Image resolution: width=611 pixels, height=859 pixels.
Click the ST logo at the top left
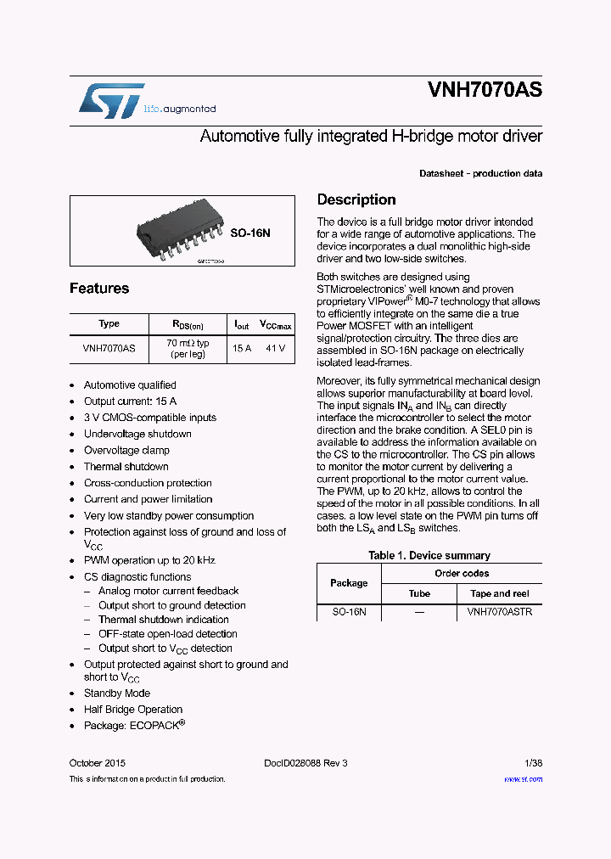tap(111, 100)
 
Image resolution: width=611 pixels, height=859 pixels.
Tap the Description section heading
tap(356, 200)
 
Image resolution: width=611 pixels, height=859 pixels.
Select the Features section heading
tap(99, 289)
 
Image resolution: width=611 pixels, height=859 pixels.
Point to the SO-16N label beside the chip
tap(249, 232)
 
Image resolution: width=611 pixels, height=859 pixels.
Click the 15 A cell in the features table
tap(242, 348)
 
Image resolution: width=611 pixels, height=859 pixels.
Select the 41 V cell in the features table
tap(276, 348)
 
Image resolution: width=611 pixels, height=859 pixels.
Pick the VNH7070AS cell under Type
tap(109, 348)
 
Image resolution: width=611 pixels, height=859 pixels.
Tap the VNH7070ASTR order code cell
tap(500, 611)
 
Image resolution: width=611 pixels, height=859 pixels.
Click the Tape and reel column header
tap(500, 593)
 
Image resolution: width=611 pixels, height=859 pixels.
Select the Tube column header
tap(419, 593)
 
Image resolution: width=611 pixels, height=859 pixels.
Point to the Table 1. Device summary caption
tap(429, 556)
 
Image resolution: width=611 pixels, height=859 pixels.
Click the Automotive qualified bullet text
tap(130, 385)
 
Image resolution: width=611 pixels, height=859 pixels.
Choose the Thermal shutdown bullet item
tap(126, 467)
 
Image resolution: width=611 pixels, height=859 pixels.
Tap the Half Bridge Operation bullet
tap(133, 710)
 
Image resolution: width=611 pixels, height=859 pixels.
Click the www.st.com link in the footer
tap(523, 779)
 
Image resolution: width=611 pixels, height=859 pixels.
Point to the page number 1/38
tap(532, 763)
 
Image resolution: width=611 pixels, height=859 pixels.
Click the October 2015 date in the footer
tap(98, 763)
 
